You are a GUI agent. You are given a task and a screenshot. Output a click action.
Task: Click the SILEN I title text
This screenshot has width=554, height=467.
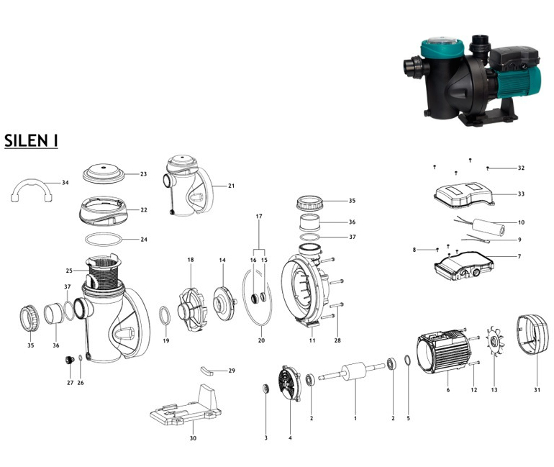[x=31, y=140]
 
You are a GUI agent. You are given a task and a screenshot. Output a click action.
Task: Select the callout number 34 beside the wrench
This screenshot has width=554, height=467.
[x=65, y=183]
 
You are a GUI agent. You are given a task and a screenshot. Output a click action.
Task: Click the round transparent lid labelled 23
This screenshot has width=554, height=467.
[x=105, y=173]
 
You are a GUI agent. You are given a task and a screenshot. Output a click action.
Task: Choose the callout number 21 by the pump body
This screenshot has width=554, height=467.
[x=232, y=186]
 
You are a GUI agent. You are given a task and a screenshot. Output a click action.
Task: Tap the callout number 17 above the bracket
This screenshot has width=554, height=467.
[x=258, y=216]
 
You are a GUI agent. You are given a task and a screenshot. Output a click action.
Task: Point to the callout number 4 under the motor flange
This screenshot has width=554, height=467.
[x=290, y=437]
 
